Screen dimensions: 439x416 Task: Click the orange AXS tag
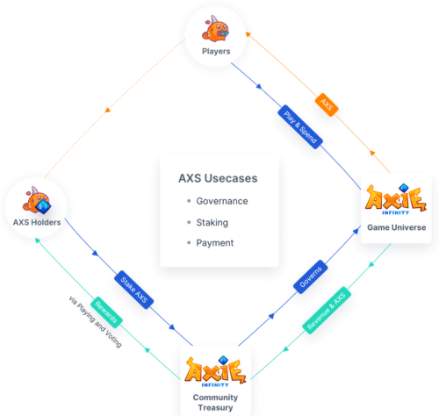click(x=327, y=104)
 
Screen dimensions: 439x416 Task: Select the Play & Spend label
click(x=300, y=127)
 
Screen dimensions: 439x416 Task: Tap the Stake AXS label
click(x=133, y=290)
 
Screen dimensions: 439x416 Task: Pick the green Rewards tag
click(x=106, y=312)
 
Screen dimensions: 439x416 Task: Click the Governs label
click(x=311, y=276)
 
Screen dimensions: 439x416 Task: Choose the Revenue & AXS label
click(x=327, y=310)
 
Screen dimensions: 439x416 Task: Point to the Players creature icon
click(x=215, y=30)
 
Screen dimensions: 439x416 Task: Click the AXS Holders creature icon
click(x=37, y=200)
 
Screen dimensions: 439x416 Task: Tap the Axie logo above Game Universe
click(x=396, y=199)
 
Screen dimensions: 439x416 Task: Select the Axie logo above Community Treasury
click(x=216, y=371)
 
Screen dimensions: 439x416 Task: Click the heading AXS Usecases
click(x=218, y=178)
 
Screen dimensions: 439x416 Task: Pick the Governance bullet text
click(x=222, y=201)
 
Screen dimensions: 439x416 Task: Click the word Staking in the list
click(x=212, y=223)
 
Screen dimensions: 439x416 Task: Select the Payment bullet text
click(x=215, y=243)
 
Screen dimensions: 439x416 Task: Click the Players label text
click(x=216, y=52)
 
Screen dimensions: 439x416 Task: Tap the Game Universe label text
click(x=397, y=227)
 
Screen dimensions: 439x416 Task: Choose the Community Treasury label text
click(x=216, y=402)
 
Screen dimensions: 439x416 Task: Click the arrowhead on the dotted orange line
click(x=108, y=111)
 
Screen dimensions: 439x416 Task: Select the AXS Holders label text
click(x=37, y=222)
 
